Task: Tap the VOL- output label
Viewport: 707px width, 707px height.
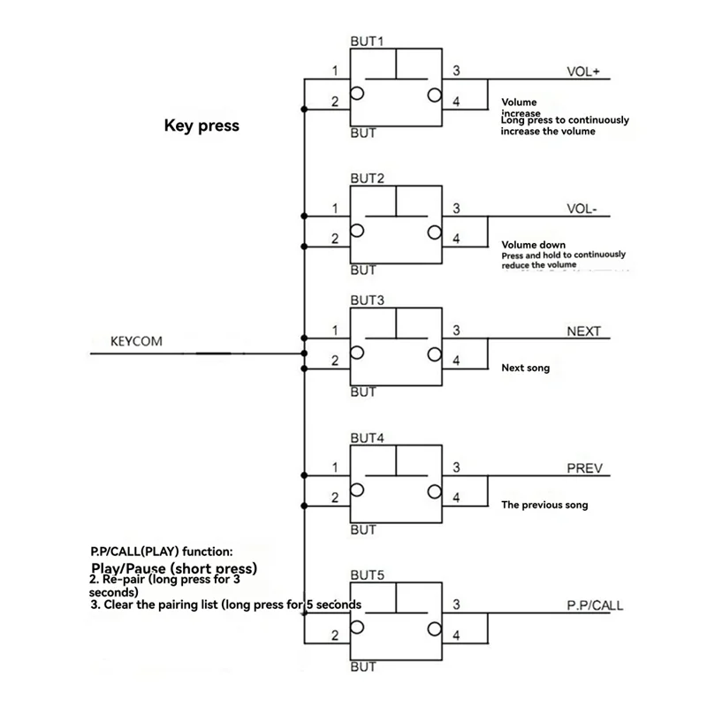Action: [x=582, y=209]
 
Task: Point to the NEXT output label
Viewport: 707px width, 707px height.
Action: [x=582, y=331]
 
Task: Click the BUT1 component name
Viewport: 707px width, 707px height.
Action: [x=366, y=42]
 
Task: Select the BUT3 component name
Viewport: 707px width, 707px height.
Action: [x=366, y=300]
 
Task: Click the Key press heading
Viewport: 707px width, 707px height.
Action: [x=201, y=125]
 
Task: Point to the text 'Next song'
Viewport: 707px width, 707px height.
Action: [x=525, y=367]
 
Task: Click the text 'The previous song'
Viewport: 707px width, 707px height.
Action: [x=544, y=506]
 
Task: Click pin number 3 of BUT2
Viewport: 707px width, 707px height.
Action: [x=456, y=209]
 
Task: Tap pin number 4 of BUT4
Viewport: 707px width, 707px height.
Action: [x=456, y=498]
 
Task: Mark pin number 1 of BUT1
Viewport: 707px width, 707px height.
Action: [x=334, y=72]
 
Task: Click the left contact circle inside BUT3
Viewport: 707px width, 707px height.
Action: [x=357, y=353]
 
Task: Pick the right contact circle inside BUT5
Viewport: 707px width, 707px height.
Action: [x=434, y=628]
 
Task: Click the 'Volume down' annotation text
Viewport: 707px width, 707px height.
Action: [x=533, y=245]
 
